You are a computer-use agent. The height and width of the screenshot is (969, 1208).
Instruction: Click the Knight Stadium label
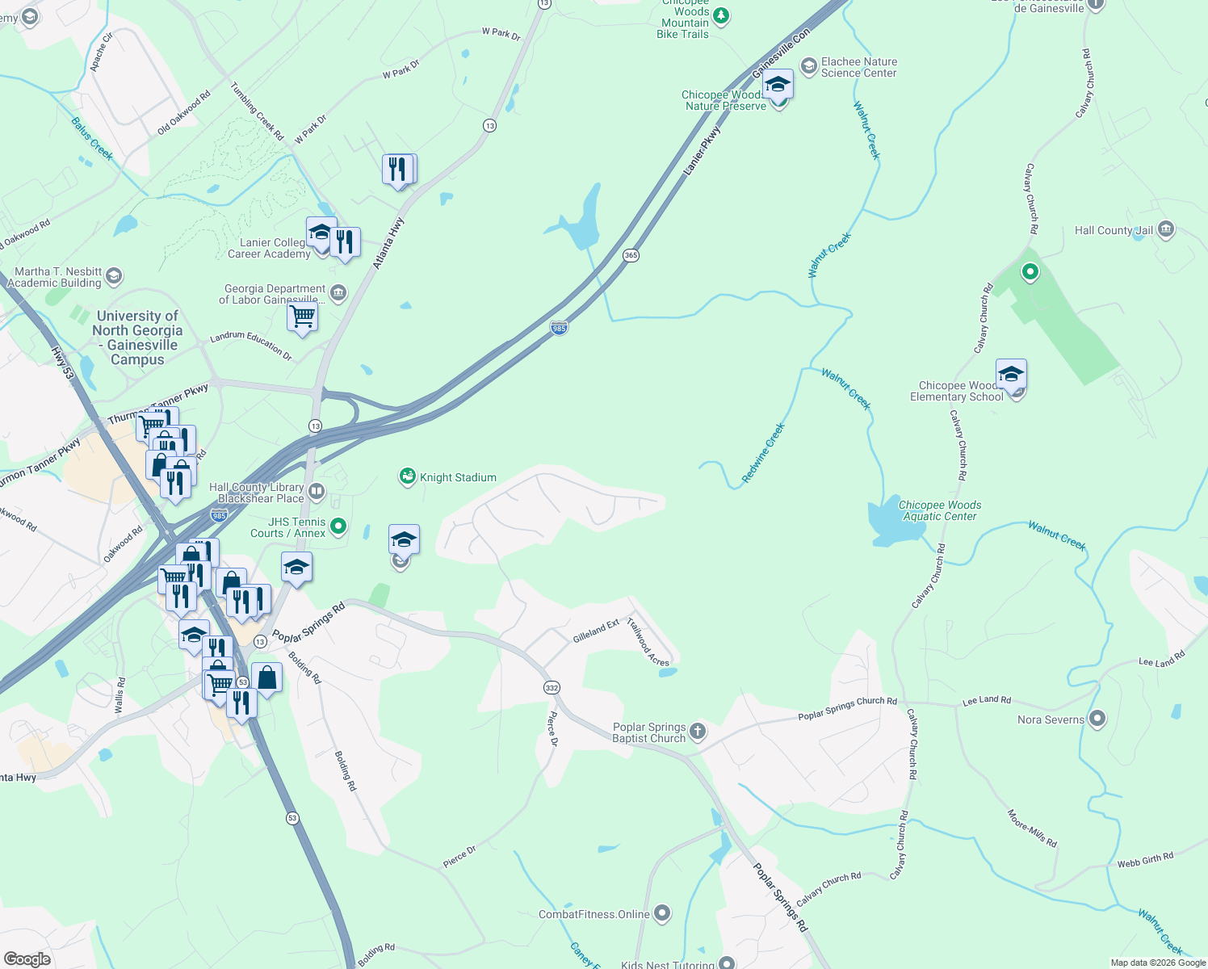(458, 477)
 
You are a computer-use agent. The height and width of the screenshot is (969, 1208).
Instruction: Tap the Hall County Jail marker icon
(1165, 230)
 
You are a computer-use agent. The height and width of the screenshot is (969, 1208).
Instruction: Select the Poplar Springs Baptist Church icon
(698, 732)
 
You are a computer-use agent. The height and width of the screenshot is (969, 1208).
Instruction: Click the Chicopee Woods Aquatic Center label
(939, 510)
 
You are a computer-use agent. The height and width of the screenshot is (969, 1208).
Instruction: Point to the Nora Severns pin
(1097, 719)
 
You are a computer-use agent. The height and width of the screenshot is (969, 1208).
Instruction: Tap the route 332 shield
(552, 687)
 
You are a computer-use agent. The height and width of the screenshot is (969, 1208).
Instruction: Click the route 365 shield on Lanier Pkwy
(631, 255)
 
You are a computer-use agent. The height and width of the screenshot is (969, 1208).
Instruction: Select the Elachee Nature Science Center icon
(808, 66)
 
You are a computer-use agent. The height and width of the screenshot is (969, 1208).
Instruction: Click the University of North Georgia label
(137, 338)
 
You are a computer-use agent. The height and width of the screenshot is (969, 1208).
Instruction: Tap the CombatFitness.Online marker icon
(662, 913)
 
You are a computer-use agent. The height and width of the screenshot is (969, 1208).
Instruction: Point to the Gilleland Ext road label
(596, 631)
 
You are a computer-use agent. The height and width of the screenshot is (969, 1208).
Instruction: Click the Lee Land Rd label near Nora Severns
(987, 701)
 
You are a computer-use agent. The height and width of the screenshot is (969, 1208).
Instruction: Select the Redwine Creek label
(763, 453)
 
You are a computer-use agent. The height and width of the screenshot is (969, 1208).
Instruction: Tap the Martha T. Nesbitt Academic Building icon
(114, 276)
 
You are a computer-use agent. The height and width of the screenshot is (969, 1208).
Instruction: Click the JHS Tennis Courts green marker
(338, 526)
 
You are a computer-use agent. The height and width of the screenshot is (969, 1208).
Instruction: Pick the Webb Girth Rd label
(1145, 860)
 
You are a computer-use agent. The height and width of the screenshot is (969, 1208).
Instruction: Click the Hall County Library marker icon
(317, 491)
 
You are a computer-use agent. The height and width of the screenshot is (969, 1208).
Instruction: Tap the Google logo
(27, 959)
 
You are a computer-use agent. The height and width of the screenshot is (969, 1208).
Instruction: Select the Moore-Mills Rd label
(1032, 828)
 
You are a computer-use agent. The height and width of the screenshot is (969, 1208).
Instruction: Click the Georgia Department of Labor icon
(338, 293)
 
